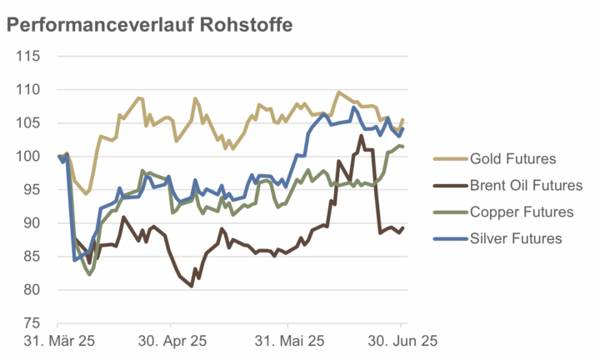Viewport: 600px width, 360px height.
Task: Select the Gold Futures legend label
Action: (x=512, y=158)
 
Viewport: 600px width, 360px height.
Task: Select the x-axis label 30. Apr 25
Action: (x=172, y=341)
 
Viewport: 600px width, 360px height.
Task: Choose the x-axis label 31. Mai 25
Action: (x=287, y=341)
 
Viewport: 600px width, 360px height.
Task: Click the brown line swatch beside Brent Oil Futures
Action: (x=448, y=185)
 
